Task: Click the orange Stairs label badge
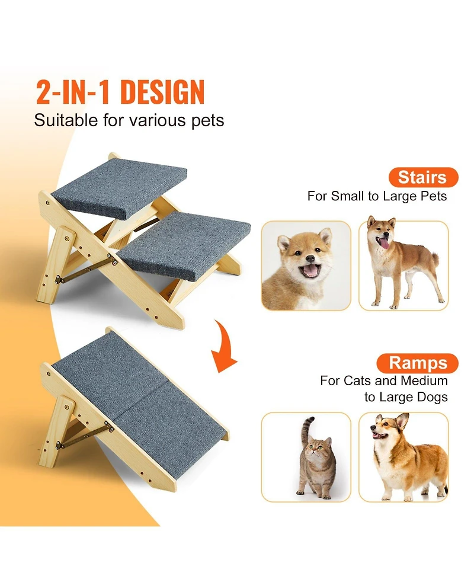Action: coord(423,178)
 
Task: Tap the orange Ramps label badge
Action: coord(423,363)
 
